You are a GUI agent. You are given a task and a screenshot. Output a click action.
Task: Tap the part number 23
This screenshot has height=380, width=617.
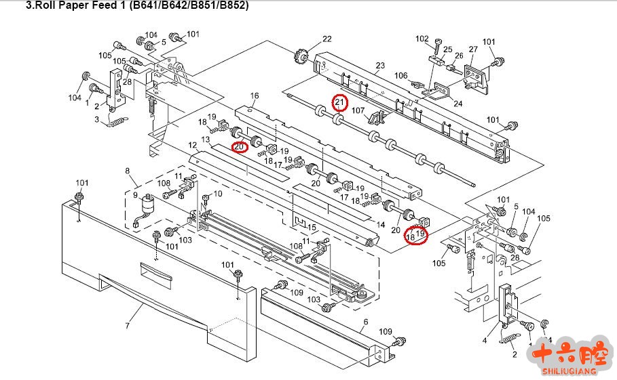380,66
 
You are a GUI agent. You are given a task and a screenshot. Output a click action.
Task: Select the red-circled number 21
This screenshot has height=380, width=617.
340,103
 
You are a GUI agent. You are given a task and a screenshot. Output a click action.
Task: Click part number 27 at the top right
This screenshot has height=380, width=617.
473,49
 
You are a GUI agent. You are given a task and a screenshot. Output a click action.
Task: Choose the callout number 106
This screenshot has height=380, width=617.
401,75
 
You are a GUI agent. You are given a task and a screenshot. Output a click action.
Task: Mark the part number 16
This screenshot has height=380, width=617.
255,96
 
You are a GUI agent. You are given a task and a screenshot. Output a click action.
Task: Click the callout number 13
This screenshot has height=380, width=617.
205,139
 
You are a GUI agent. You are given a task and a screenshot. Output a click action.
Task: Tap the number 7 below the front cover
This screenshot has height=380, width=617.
127,326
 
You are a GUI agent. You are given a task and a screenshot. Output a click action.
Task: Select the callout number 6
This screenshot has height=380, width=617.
365,322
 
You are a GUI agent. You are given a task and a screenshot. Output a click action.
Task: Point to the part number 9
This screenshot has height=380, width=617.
135,195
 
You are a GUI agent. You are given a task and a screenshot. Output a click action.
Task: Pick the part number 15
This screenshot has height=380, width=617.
312,226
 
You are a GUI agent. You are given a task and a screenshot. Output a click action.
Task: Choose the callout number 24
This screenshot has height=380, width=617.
458,104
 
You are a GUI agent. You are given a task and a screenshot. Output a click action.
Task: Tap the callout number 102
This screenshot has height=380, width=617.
422,38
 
